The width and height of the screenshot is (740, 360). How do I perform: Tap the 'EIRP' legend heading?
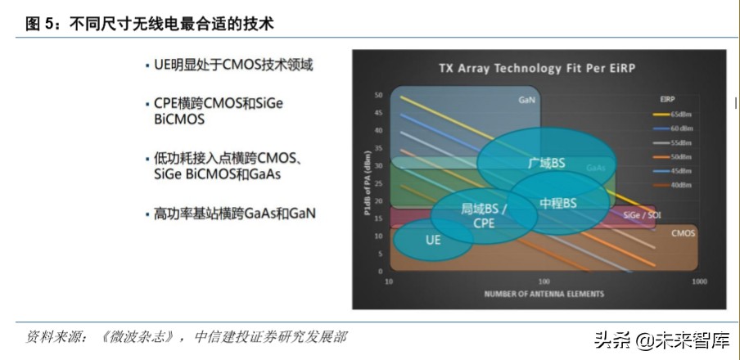coord(667,98)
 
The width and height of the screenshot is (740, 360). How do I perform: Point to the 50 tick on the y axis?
coord(378,96)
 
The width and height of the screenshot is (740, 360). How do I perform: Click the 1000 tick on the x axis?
coord(698,281)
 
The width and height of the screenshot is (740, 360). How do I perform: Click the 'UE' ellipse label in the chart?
coord(433,240)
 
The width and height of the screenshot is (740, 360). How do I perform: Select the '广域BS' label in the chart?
coord(547,163)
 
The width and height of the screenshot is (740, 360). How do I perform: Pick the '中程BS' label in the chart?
coord(558,202)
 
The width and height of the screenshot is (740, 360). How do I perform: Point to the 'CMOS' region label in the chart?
coord(683,233)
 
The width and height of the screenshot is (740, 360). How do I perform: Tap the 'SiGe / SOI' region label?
coord(642,215)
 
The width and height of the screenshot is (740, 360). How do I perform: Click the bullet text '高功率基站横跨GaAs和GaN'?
coord(235,214)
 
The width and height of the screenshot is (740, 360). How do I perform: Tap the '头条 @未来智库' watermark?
coord(661,340)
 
